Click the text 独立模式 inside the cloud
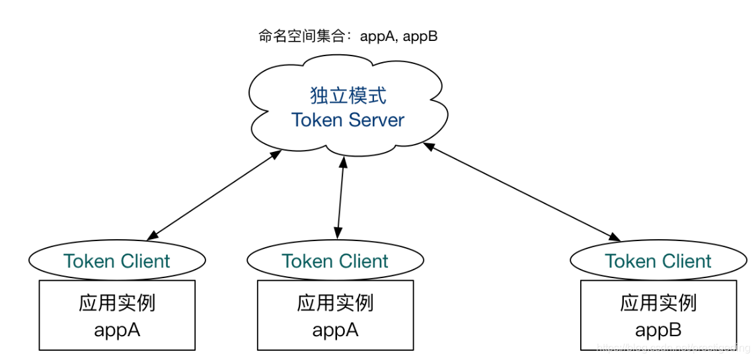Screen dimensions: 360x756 348,95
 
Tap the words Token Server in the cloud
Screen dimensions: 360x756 348,120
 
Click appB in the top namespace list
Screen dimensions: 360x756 420,36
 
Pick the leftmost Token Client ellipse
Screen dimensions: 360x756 117,261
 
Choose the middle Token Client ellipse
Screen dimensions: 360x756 336,262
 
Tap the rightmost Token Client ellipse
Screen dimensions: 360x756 658,261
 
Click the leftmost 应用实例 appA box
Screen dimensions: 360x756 117,314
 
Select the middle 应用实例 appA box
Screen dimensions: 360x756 335,315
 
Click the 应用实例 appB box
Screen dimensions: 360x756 658,315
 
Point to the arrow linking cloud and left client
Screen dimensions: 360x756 215,195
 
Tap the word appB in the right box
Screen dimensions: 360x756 658,329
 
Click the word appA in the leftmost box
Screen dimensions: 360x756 117,329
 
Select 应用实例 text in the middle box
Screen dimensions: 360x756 335,303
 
